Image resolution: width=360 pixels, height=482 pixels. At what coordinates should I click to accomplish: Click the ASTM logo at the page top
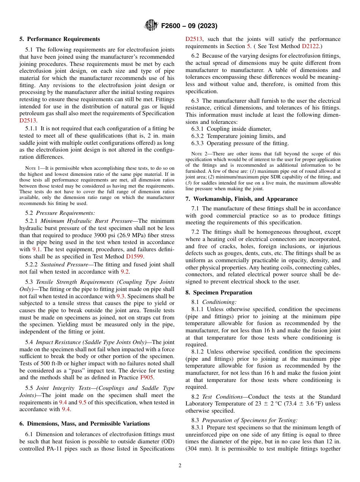[x=152, y=26]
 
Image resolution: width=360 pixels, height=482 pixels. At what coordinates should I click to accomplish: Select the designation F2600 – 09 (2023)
[x=189, y=26]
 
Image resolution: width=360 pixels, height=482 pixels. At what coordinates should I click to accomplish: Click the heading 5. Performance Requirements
[x=60, y=39]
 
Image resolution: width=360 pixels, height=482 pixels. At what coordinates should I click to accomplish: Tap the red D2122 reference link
[x=310, y=46]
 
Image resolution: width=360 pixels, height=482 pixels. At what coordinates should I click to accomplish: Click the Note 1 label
[x=32, y=168]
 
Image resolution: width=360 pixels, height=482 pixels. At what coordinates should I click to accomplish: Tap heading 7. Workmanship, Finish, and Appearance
[x=241, y=199]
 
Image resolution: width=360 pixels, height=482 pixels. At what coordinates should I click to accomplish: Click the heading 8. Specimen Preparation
[x=219, y=293]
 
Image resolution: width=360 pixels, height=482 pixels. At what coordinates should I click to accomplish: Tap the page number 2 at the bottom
[x=180, y=466]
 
